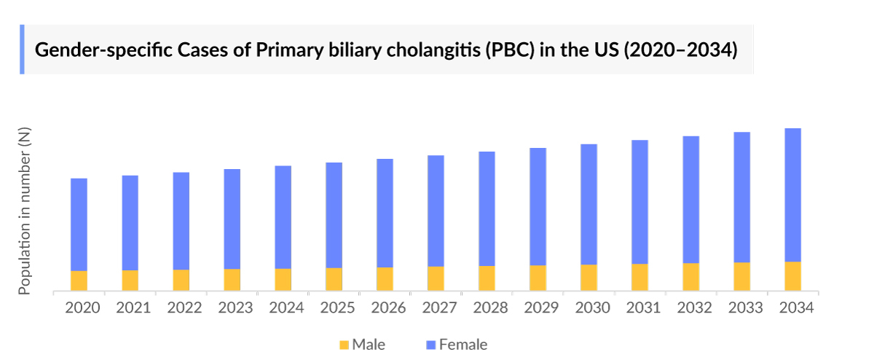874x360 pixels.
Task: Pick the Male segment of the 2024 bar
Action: tap(283, 280)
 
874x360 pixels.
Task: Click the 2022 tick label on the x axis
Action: tap(184, 308)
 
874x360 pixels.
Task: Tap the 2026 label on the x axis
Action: tap(388, 308)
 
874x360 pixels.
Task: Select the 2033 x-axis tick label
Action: tap(745, 308)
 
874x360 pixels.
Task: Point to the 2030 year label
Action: tap(592, 308)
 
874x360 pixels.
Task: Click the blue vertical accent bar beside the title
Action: tap(22, 50)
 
